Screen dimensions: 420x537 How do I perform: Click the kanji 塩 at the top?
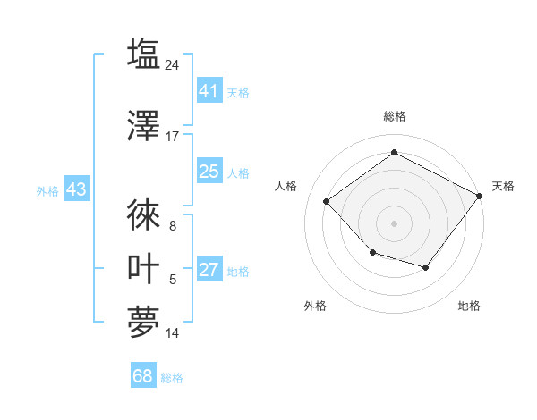[x=143, y=55]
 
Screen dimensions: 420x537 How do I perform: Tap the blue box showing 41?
[x=209, y=91]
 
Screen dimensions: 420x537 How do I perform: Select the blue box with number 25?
[x=209, y=172]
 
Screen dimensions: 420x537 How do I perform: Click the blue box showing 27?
[x=209, y=270]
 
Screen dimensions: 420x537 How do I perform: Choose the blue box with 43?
[x=76, y=190]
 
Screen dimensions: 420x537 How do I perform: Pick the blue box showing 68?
[x=143, y=376]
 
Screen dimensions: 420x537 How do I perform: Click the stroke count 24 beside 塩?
[x=173, y=65]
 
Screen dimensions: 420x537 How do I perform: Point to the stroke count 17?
[x=173, y=137]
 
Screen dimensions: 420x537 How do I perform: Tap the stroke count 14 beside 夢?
[x=173, y=333]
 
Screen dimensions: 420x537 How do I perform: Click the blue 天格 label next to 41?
[x=238, y=92]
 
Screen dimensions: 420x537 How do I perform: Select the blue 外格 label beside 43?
[x=47, y=191]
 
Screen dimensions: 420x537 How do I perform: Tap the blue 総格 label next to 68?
[x=172, y=378]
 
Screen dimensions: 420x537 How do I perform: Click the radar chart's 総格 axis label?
[x=394, y=116]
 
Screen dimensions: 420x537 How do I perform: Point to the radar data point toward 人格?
[x=327, y=201]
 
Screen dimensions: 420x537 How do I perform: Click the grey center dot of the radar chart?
[x=394, y=223]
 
